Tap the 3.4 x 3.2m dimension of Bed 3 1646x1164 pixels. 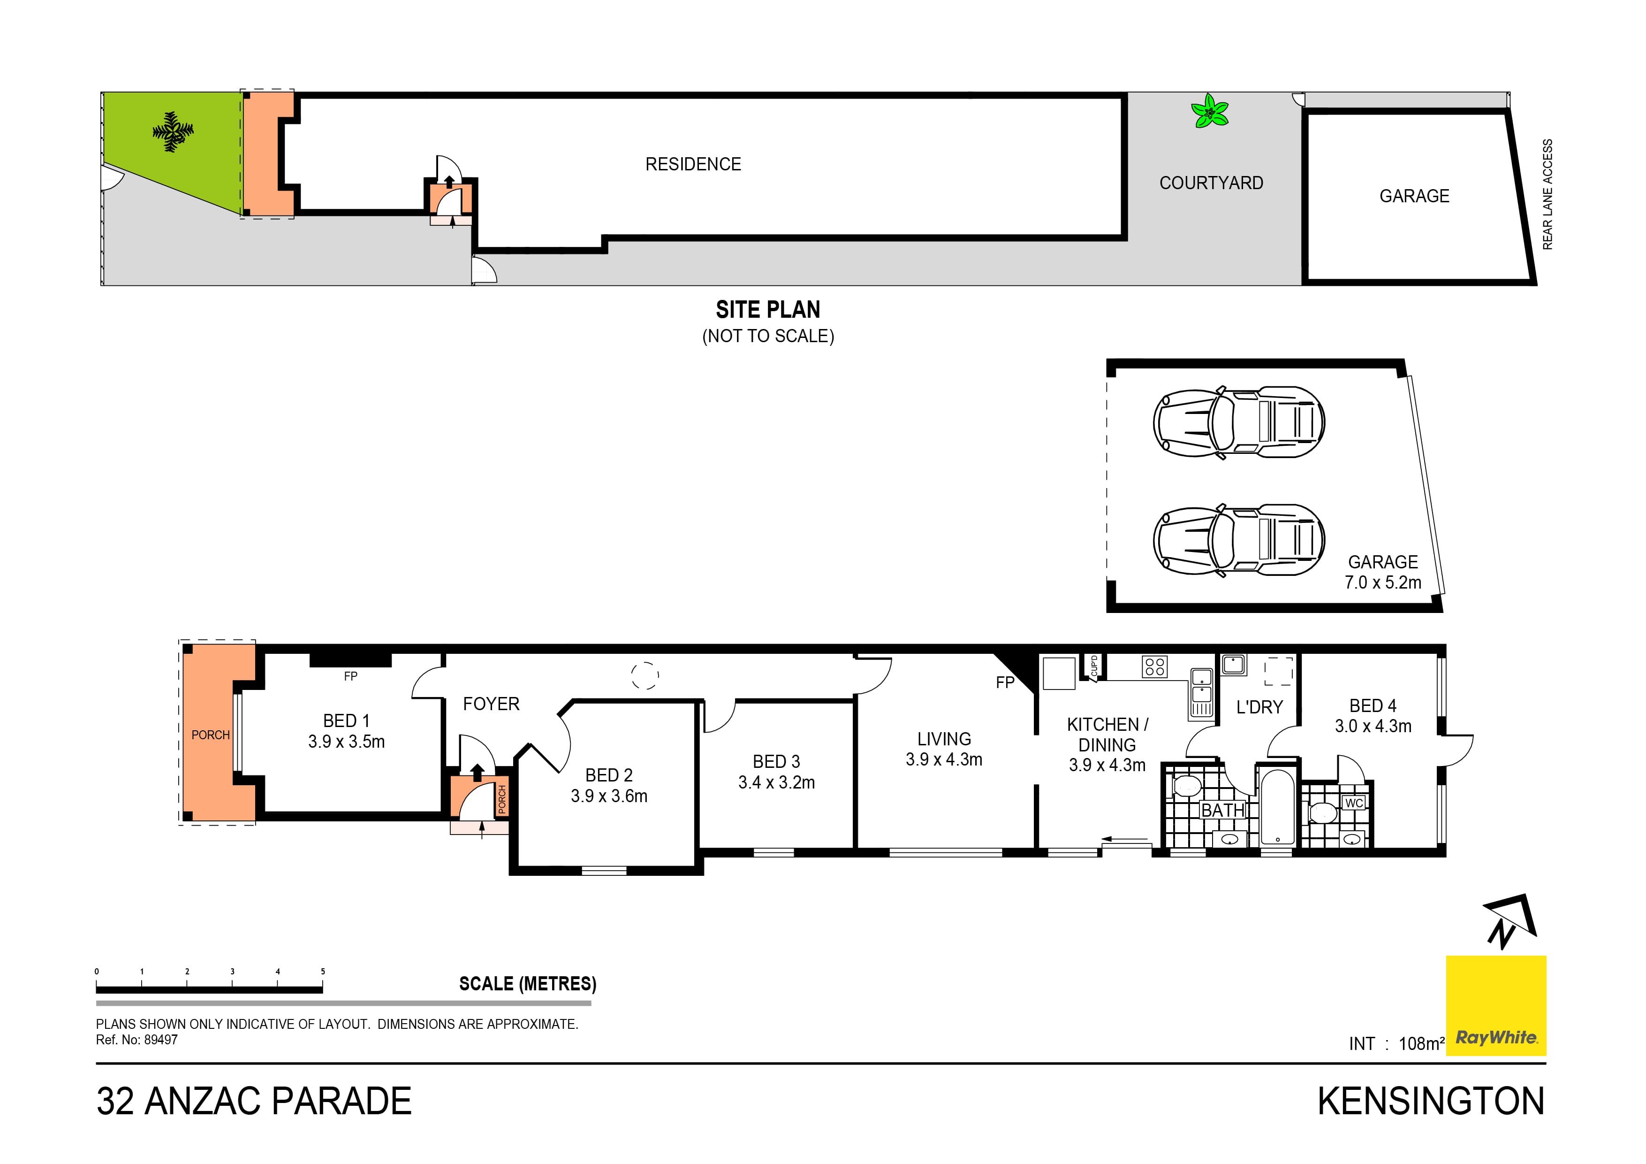tap(776, 782)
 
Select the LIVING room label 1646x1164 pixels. tap(943, 739)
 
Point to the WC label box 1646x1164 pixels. tap(1353, 803)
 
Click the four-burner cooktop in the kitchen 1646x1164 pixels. tap(1154, 667)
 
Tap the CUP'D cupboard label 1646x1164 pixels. tap(1094, 667)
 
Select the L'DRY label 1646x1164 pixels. tap(1259, 707)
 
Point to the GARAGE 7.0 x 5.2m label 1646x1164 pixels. tap(1382, 572)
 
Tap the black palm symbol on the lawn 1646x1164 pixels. tap(172, 132)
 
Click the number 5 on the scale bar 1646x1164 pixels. tap(323, 971)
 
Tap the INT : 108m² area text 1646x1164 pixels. tap(1396, 1043)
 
